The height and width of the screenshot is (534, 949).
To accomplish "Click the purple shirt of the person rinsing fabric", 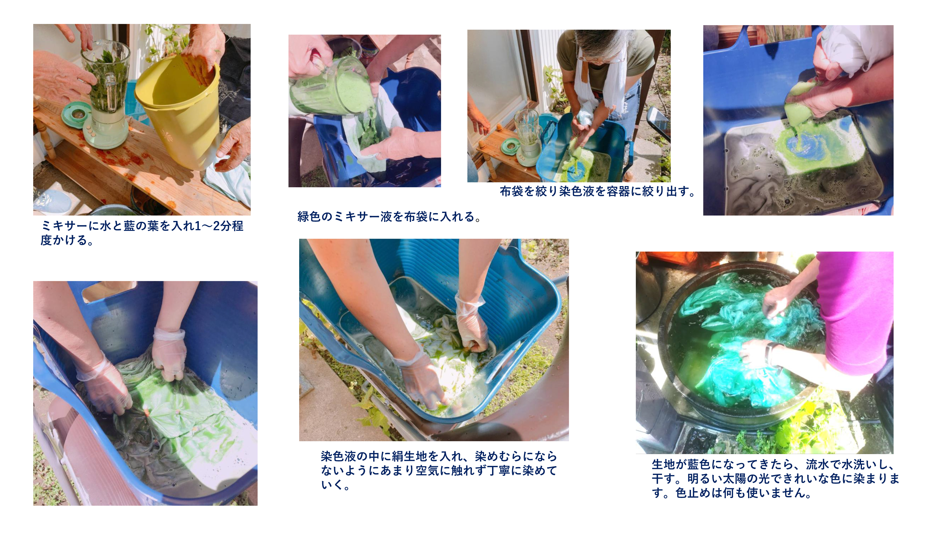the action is [x=855, y=313].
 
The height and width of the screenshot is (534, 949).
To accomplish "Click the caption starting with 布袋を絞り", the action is [x=597, y=191].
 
